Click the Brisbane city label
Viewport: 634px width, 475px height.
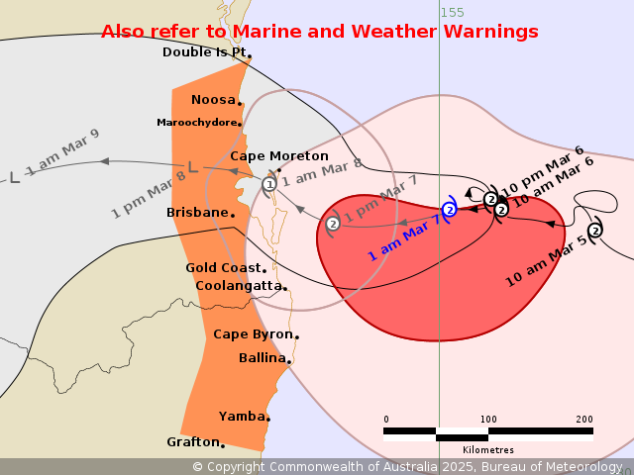199,213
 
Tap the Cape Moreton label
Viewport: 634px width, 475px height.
278,156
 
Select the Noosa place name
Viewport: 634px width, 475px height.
213,100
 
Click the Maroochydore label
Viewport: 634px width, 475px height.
197,123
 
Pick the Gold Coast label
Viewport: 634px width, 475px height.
224,268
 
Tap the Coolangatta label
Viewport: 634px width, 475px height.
239,286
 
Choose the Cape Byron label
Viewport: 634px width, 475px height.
253,334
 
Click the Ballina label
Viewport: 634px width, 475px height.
263,358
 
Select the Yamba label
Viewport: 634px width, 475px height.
242,417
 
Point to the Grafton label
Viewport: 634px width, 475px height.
192,441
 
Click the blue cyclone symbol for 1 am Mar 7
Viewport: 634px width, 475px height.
449,210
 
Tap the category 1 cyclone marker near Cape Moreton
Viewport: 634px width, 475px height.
269,184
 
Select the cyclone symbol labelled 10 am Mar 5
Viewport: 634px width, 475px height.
594,231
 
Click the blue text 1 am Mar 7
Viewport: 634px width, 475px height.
404,238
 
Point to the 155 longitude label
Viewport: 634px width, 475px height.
452,12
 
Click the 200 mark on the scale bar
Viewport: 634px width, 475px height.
583,419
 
